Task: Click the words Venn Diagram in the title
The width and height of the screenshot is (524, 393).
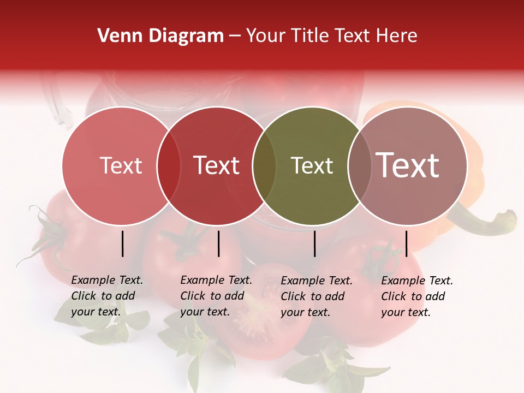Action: (x=160, y=36)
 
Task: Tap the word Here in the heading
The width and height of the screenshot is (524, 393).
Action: (x=396, y=36)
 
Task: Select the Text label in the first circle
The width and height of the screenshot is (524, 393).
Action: (x=121, y=166)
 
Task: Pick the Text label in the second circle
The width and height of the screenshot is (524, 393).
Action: (x=217, y=166)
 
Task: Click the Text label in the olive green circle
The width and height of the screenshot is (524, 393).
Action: (x=312, y=166)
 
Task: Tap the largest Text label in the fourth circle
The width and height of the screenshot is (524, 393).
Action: (x=408, y=165)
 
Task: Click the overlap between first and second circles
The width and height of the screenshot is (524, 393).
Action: (x=169, y=166)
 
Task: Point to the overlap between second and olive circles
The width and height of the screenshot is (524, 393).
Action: (x=264, y=166)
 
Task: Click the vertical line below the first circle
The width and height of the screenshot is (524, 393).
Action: (x=123, y=243)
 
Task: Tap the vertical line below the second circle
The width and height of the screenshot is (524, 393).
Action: (x=218, y=243)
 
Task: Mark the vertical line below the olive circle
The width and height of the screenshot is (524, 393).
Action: (x=315, y=243)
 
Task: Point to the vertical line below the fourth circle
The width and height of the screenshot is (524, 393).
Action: (x=406, y=243)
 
